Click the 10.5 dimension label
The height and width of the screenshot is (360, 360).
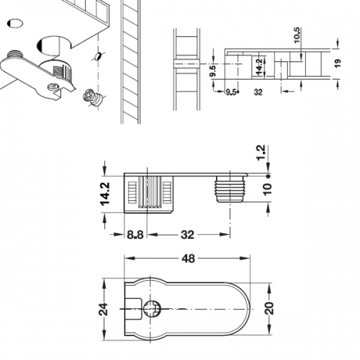tap(297, 35)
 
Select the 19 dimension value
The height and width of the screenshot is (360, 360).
tap(338, 63)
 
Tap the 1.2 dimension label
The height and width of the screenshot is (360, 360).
tap(261, 153)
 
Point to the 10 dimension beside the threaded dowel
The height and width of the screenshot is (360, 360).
tap(268, 189)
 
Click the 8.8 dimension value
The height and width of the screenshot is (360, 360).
tap(135, 235)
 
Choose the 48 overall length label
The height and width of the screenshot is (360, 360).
tap(188, 258)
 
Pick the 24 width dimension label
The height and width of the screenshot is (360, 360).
tap(104, 309)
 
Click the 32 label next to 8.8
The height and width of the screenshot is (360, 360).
tap(187, 235)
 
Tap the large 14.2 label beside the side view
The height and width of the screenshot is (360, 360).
tap(105, 194)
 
